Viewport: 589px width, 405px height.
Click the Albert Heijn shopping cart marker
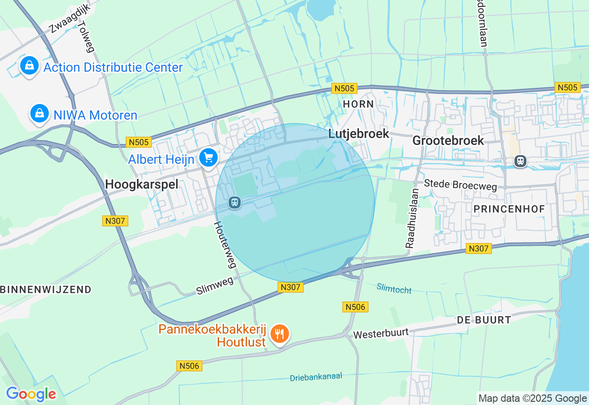tap(208, 159)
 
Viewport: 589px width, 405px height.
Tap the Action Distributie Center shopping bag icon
tap(29, 66)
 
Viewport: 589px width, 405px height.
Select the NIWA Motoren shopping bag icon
tap(40, 114)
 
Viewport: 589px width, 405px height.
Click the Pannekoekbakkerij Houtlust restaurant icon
tap(279, 333)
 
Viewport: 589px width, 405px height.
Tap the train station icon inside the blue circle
tap(235, 202)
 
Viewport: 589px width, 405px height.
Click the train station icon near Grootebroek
tap(520, 161)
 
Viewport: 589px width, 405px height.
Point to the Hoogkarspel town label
tap(141, 184)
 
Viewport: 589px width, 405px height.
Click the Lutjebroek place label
tap(359, 134)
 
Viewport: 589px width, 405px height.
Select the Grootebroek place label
tap(448, 140)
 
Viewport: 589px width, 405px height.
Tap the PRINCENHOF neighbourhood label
tap(509, 209)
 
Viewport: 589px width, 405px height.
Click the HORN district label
tap(358, 104)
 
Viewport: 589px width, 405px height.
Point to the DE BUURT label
tap(484, 320)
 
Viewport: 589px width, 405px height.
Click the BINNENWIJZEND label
tap(46, 289)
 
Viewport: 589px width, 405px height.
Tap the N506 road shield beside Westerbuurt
tap(355, 307)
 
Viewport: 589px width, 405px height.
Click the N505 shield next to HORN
tap(344, 88)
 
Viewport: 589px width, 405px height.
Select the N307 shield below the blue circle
tap(291, 287)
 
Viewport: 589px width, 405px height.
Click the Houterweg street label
tap(225, 244)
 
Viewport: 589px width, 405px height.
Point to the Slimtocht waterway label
tap(394, 288)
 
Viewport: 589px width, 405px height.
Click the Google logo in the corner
tap(31, 394)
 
